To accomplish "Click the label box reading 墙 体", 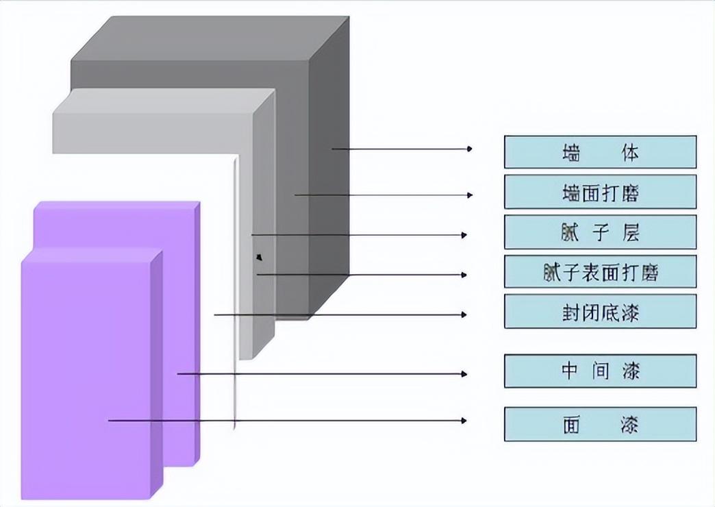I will point(600,152).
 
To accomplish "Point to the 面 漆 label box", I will point(600,424).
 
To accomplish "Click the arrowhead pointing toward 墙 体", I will point(469,149).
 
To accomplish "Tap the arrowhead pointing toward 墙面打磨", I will point(469,195).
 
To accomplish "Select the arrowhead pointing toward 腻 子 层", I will point(464,235).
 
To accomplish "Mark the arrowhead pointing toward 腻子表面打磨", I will point(464,275).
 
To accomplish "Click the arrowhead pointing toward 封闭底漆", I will point(464,315).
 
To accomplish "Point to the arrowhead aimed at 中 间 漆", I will point(464,374).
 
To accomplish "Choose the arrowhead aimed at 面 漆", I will point(464,420).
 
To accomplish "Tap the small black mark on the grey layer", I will point(258,257).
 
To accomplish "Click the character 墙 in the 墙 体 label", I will point(570,152).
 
